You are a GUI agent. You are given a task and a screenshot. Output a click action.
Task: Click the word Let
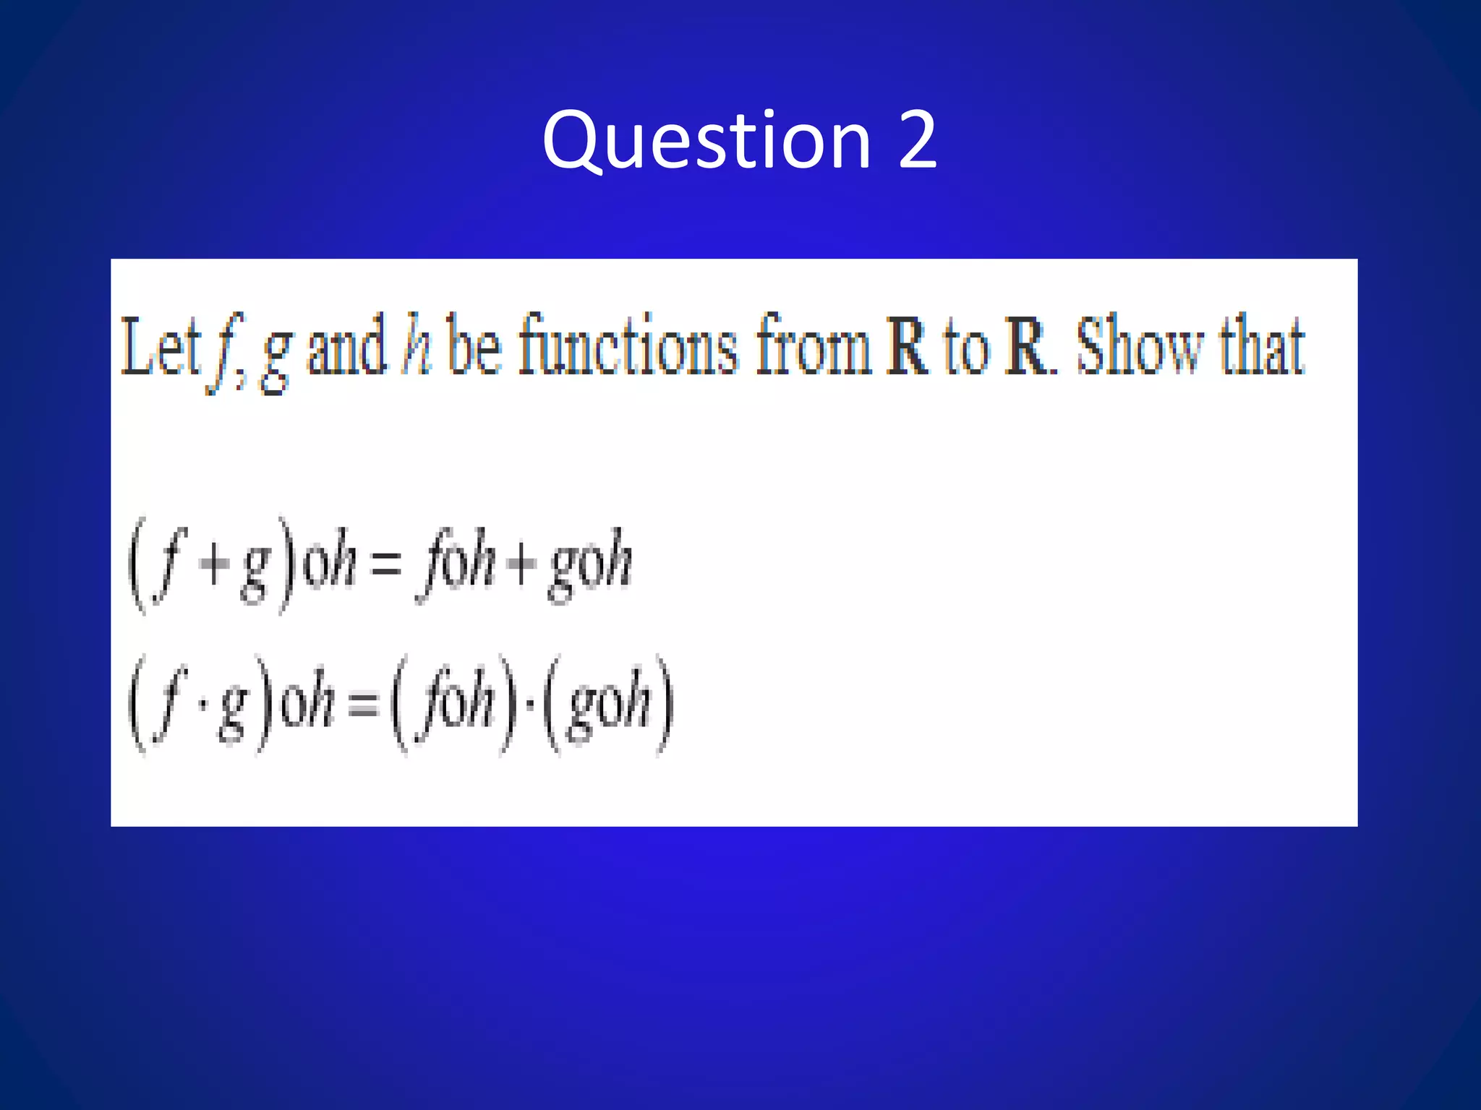[160, 348]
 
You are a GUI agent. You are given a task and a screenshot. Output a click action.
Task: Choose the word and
[346, 348]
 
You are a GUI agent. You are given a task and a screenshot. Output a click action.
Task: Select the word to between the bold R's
[965, 348]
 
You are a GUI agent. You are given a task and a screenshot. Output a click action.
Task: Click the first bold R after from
[907, 348]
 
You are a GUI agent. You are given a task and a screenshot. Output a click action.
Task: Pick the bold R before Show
[1027, 348]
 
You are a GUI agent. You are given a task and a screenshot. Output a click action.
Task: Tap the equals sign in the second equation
[363, 703]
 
